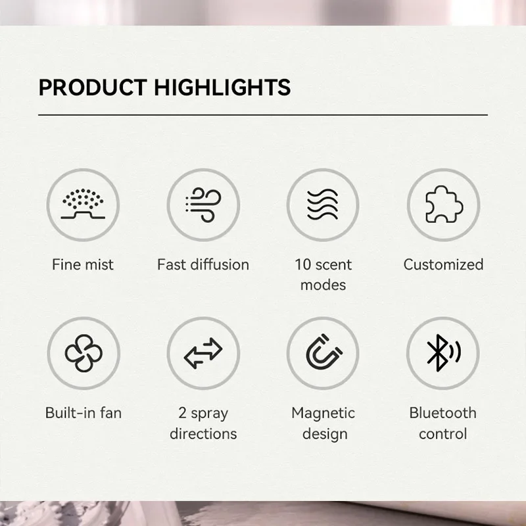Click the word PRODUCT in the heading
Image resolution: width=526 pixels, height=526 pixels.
(x=93, y=87)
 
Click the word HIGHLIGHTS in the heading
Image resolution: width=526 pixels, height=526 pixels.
(x=222, y=87)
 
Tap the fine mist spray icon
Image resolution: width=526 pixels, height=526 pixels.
(x=83, y=204)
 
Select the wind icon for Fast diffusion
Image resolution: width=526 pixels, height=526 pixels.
(x=203, y=204)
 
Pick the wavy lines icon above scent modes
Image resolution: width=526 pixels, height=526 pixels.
(x=323, y=204)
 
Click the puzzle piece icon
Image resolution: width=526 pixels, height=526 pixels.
(x=444, y=204)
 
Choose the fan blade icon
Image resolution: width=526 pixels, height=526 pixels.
(x=84, y=353)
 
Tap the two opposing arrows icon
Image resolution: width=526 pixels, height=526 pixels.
(x=203, y=353)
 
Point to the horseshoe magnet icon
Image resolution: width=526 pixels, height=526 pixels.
(x=323, y=352)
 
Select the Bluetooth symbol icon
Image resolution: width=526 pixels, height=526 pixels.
(x=443, y=353)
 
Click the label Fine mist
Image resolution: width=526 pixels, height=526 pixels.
(x=83, y=265)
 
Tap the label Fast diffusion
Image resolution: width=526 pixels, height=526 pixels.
(x=203, y=265)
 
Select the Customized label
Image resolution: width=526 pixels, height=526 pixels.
(x=443, y=265)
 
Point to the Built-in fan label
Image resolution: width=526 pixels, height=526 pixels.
(x=84, y=413)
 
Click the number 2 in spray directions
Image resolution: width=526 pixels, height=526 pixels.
(x=183, y=413)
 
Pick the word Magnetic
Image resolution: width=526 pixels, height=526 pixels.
(x=323, y=414)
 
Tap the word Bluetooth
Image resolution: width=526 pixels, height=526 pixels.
(x=442, y=413)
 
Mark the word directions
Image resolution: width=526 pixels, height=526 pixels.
(x=203, y=434)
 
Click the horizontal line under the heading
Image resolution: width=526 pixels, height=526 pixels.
(x=263, y=114)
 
